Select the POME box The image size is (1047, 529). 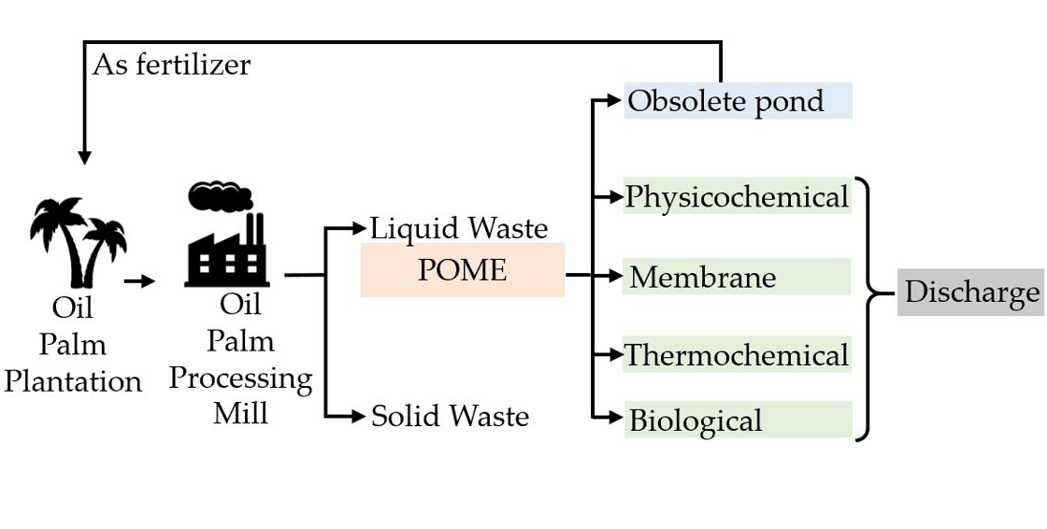click(463, 270)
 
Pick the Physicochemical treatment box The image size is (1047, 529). click(737, 196)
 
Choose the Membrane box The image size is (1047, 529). click(737, 277)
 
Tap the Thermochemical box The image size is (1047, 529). click(737, 355)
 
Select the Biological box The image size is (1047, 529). click(737, 420)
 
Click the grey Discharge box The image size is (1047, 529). click(970, 293)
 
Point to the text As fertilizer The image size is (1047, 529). click(171, 64)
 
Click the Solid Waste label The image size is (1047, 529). click(450, 416)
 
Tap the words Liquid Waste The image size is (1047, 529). click(459, 228)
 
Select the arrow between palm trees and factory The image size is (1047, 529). click(139, 279)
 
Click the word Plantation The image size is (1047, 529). click(73, 381)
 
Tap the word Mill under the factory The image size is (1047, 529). click(240, 412)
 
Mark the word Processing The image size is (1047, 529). click(240, 378)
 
